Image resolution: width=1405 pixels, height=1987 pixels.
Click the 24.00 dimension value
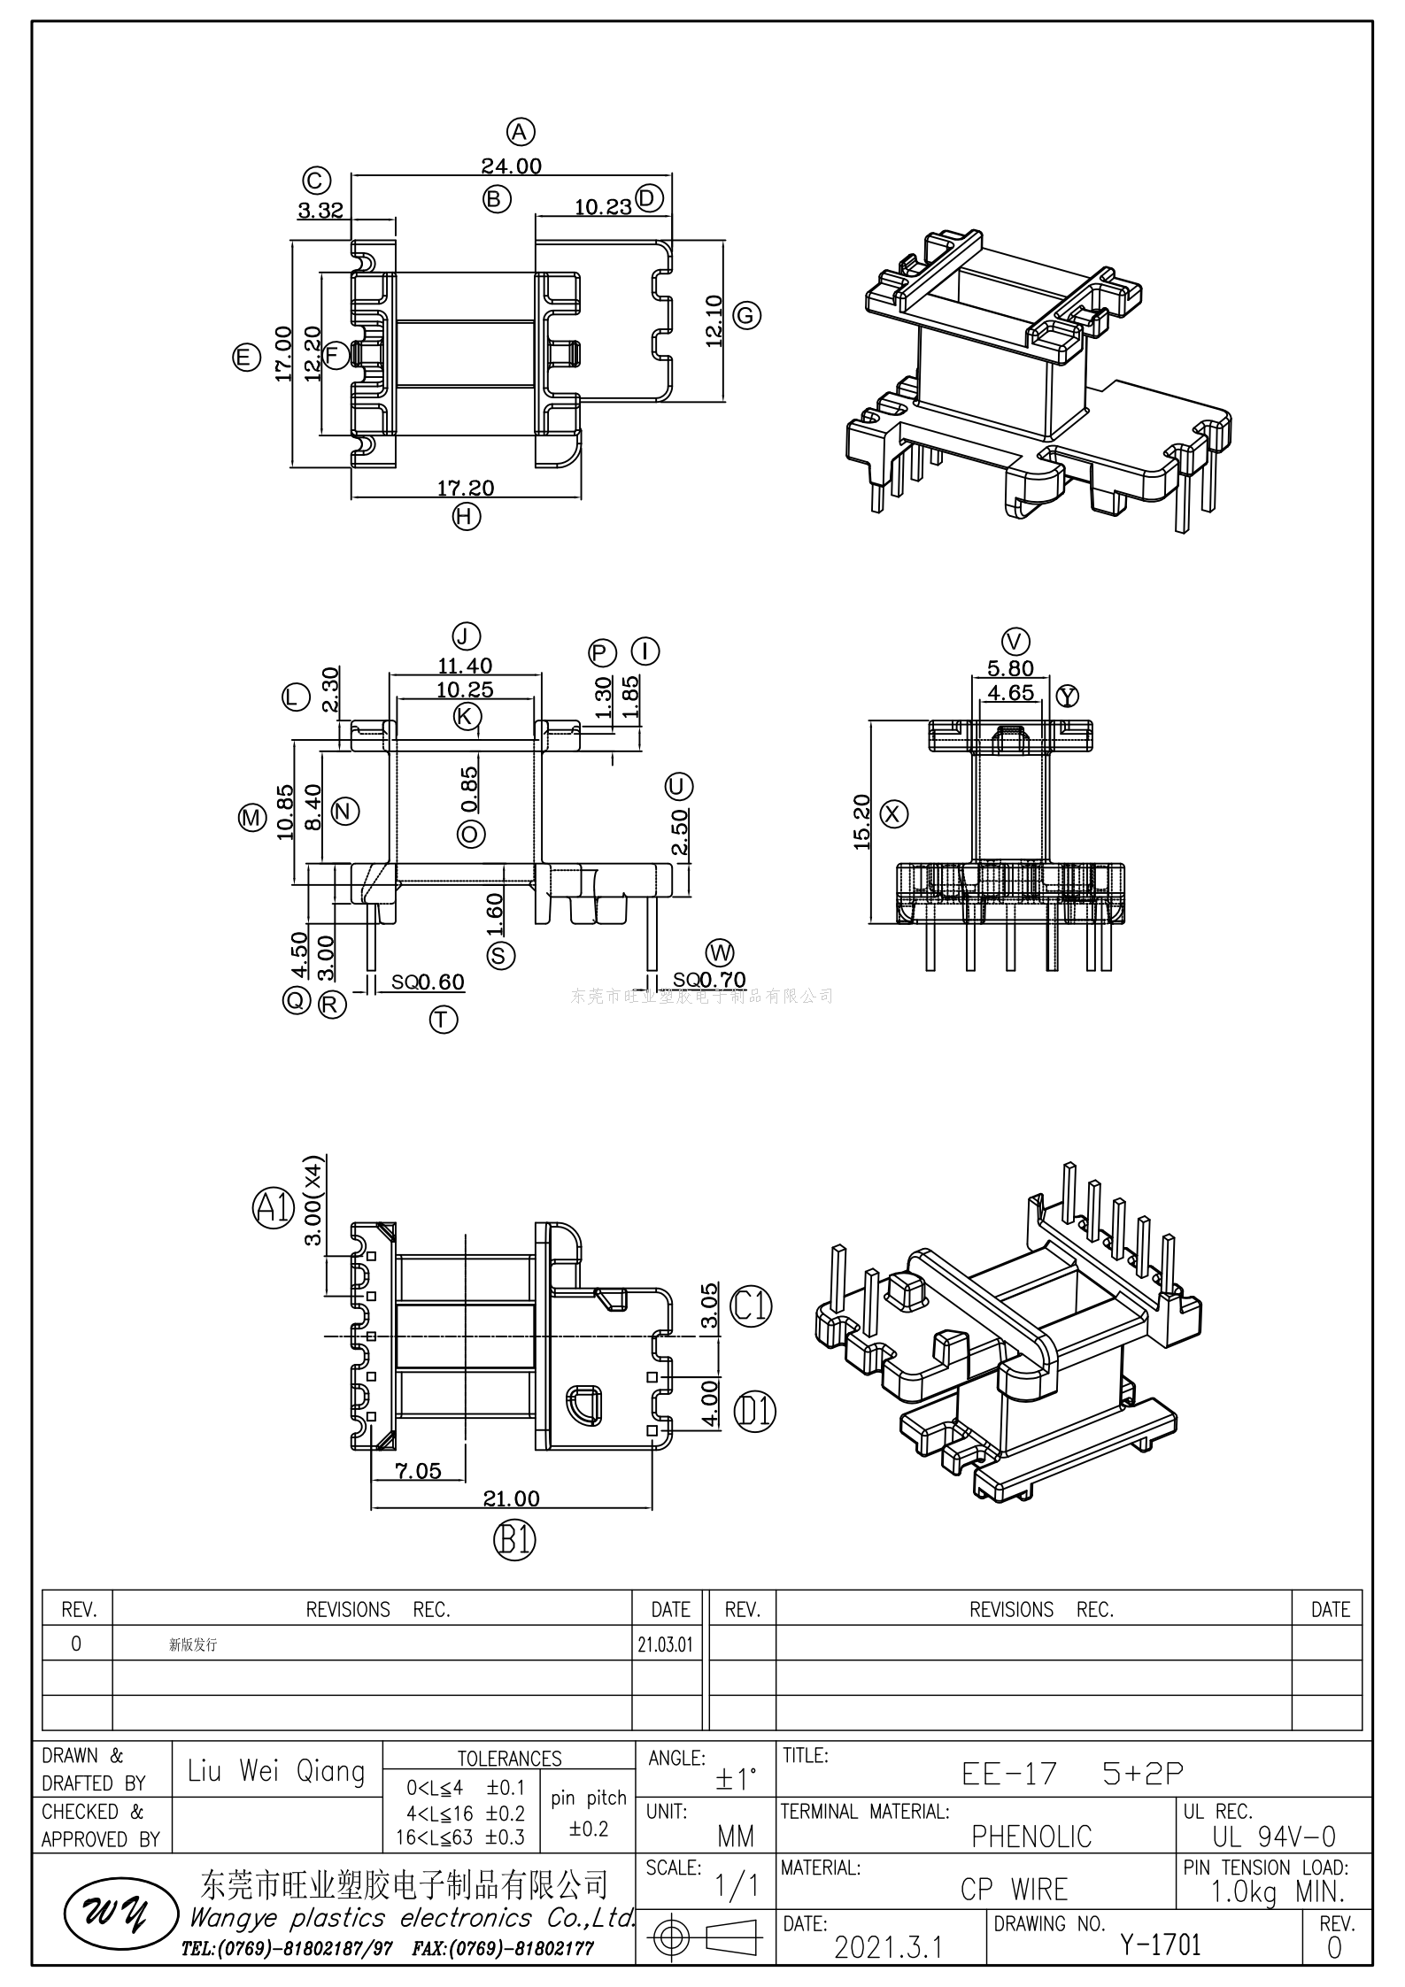pyautogui.click(x=511, y=166)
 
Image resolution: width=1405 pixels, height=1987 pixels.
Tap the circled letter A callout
pyautogui.click(x=521, y=132)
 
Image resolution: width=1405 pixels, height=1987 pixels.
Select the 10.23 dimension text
pyautogui.click(x=603, y=207)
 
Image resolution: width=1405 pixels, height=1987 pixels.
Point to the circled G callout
pyautogui.click(x=747, y=315)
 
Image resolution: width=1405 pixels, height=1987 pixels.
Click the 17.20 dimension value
pyautogui.click(x=466, y=488)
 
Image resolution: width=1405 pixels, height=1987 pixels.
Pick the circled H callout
pyautogui.click(x=466, y=516)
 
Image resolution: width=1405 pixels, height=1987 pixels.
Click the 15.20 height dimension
pyautogui.click(x=862, y=822)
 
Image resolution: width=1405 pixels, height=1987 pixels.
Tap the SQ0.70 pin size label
pyautogui.click(x=709, y=980)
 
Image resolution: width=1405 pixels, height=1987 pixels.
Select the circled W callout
pyautogui.click(x=720, y=952)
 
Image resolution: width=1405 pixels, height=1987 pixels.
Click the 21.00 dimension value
pyautogui.click(x=511, y=1498)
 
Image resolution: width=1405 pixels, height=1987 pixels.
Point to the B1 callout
pyautogui.click(x=514, y=1541)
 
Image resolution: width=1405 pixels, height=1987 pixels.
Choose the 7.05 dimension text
pyautogui.click(x=418, y=1470)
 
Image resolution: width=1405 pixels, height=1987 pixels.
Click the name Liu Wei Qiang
pyautogui.click(x=276, y=1771)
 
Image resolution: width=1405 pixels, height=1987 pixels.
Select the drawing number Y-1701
pyautogui.click(x=1160, y=1945)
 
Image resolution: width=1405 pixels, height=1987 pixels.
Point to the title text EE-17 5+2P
pyautogui.click(x=1072, y=1773)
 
